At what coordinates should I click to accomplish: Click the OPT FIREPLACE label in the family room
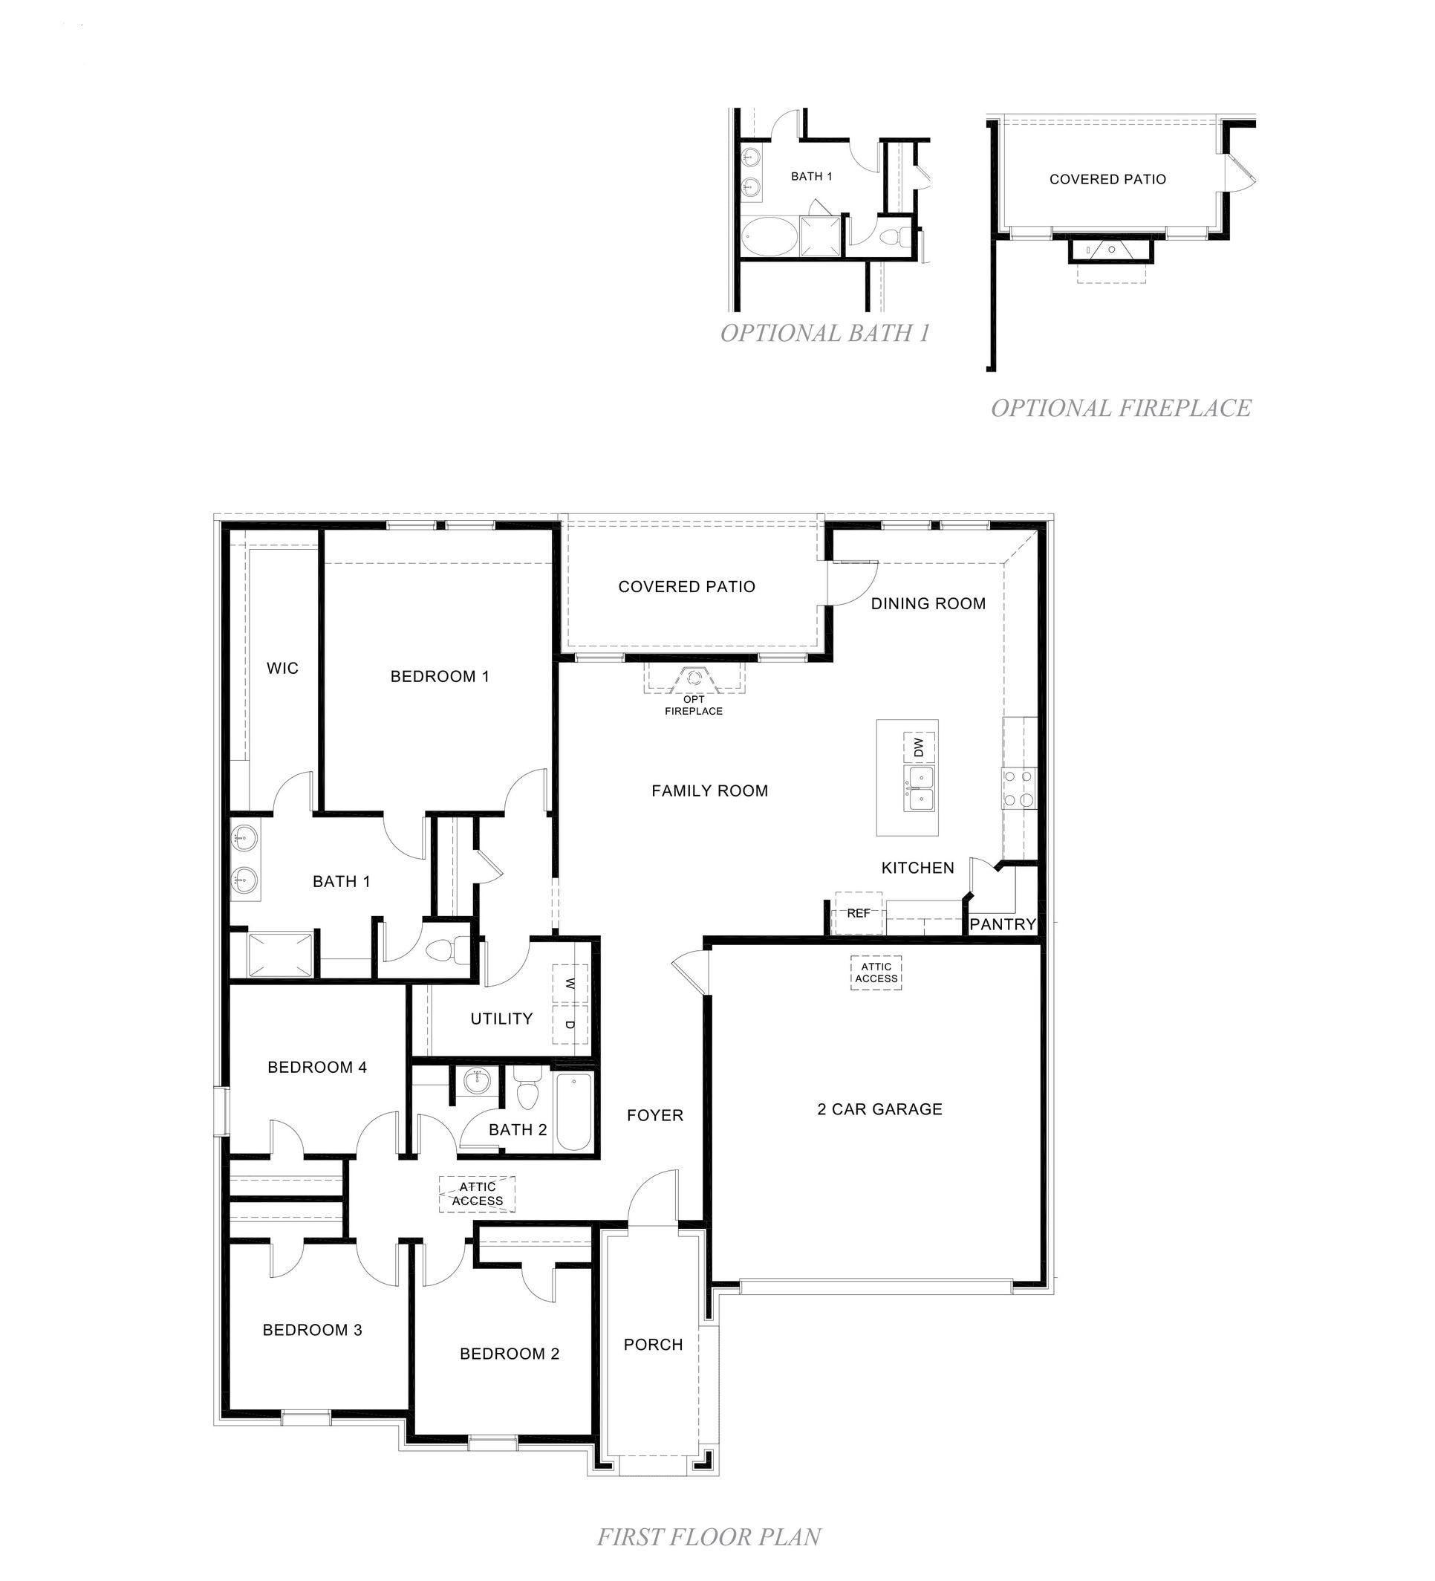click(693, 704)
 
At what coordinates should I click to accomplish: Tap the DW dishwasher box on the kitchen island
click(919, 746)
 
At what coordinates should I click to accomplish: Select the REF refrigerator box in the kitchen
click(858, 913)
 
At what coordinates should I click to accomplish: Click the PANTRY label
click(1002, 923)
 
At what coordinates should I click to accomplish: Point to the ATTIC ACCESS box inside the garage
click(876, 973)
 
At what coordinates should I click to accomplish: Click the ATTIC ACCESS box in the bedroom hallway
click(477, 1194)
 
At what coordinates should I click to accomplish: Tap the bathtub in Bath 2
click(574, 1112)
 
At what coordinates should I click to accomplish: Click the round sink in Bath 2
click(476, 1082)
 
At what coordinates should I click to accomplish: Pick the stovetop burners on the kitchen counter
click(1018, 788)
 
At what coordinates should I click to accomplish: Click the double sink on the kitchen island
click(919, 788)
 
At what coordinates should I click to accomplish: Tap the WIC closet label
click(282, 668)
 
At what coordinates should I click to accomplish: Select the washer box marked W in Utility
click(570, 983)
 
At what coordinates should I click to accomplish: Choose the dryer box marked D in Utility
click(570, 1025)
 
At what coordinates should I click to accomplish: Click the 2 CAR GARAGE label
click(879, 1109)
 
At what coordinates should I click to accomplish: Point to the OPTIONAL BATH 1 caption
click(824, 334)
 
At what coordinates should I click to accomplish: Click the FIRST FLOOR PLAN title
click(709, 1537)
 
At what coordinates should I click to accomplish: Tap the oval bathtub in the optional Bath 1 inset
click(767, 236)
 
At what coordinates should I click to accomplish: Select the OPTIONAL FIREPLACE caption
click(1121, 408)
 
